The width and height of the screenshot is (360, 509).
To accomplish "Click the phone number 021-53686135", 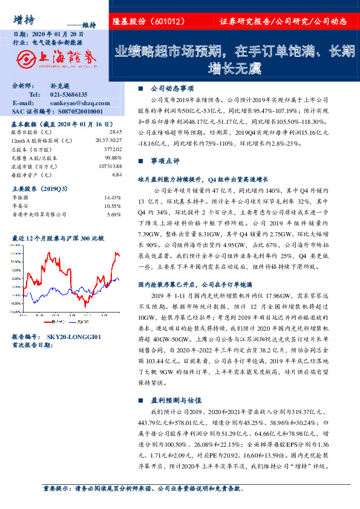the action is coord(68,95).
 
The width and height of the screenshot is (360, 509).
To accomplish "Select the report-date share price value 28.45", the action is coord(116,131).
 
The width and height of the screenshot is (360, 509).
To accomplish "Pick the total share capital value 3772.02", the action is coord(113,148).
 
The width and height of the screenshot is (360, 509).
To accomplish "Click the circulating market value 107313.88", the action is coord(111,165).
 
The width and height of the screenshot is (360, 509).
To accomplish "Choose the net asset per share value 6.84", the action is coord(117,174).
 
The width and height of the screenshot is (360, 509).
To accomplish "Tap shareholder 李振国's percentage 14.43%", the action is coord(113,198).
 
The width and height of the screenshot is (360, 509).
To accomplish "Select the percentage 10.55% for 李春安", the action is coord(113,206).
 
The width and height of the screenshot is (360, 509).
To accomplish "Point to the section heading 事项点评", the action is coord(165,161).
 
